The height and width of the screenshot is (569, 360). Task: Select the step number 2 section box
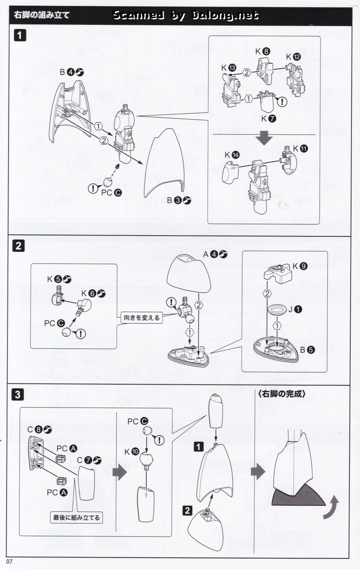click(x=19, y=246)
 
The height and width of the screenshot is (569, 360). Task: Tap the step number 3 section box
click(x=19, y=395)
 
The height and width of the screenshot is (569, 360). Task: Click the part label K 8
click(x=262, y=51)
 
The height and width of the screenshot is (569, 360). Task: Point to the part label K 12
click(x=293, y=57)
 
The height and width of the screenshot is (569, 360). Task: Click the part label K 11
click(x=300, y=148)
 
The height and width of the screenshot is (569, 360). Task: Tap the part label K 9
click(x=300, y=266)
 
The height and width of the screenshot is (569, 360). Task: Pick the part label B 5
click(x=306, y=350)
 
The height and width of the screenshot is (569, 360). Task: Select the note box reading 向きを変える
click(x=142, y=317)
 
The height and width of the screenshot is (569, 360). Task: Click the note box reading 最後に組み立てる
click(x=76, y=517)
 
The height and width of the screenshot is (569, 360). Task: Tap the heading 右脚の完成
click(x=282, y=394)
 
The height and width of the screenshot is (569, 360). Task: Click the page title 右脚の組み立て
click(x=42, y=15)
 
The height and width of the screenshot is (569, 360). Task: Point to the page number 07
click(x=10, y=562)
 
